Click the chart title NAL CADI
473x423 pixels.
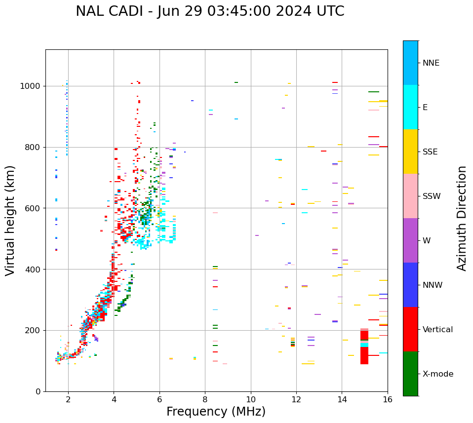210,11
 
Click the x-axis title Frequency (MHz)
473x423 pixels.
216,412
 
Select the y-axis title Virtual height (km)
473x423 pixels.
10,220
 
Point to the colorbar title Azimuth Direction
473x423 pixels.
462,218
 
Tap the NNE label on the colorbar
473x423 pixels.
431,63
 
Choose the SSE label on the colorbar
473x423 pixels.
430,152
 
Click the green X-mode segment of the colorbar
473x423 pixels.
410,374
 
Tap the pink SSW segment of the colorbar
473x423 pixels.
410,196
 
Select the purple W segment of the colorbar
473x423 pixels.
410,240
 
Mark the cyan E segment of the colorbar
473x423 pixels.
410,107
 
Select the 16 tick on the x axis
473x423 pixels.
388,399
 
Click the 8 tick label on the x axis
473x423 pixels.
205,399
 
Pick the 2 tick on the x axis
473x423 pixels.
68,399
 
